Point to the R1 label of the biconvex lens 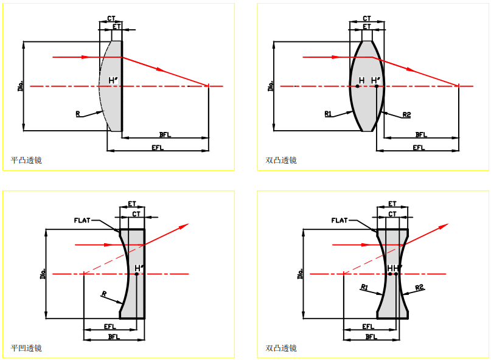coord(328,113)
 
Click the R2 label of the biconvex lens coord(406,114)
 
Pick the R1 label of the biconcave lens coord(364,286)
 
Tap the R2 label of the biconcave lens coord(419,287)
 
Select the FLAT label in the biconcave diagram coord(340,220)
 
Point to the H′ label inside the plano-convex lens coord(113,80)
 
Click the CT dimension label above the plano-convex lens coord(111,19)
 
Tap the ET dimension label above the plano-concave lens coord(132,204)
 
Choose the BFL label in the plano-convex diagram coord(164,134)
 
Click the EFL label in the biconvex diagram coord(419,148)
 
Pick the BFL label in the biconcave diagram coord(371,336)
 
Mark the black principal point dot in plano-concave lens coord(137,274)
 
